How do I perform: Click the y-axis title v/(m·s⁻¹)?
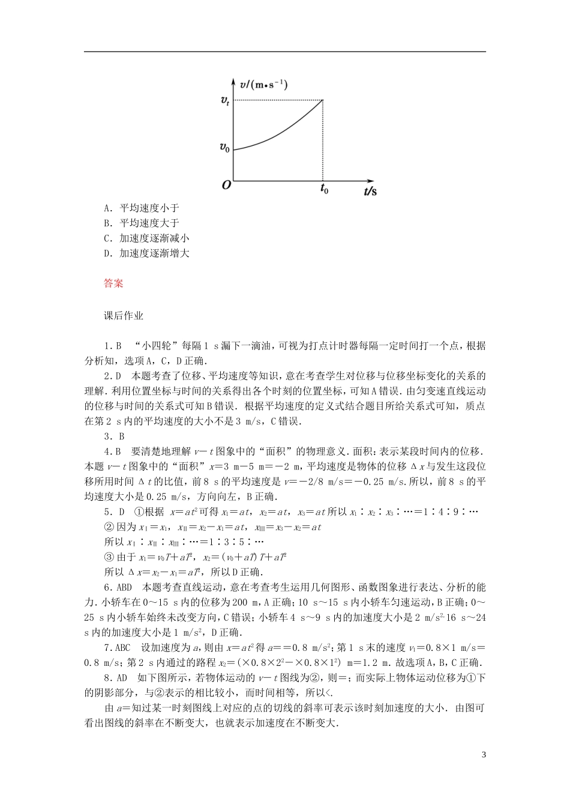(263, 85)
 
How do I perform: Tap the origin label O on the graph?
(226, 186)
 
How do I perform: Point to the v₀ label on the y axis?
(224, 147)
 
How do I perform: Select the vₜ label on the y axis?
(224, 101)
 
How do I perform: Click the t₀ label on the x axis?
(324, 189)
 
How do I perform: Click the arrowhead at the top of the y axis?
(233, 80)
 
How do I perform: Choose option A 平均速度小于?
(142, 208)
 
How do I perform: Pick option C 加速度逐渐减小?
(146, 238)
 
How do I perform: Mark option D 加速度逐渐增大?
(146, 253)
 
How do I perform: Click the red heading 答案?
(113, 283)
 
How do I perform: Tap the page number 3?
(483, 755)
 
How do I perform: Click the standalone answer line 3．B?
(114, 437)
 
